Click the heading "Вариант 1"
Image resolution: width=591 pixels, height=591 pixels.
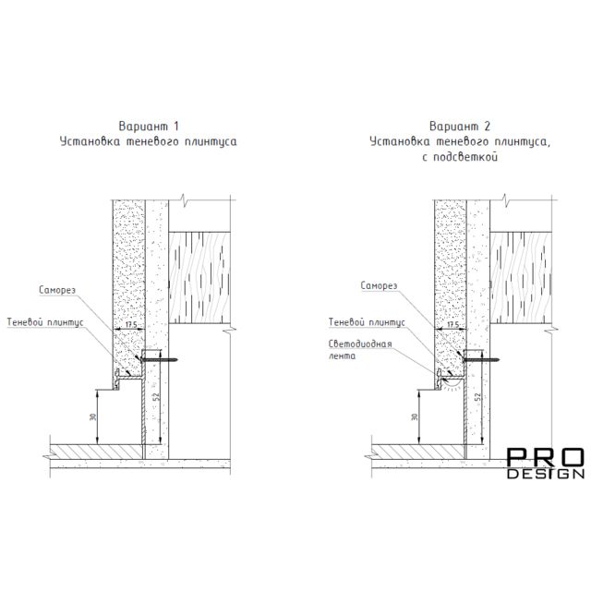coord(149,126)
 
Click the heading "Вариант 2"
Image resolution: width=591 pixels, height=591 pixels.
coord(460,126)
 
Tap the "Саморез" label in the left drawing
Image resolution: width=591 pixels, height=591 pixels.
coord(57,290)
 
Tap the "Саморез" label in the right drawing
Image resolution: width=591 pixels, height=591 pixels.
coord(379,285)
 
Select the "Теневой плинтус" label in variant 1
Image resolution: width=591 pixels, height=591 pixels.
coord(45,322)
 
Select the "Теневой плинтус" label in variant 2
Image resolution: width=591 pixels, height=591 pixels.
coord(367,322)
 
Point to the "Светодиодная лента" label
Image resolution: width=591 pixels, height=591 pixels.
coord(360,350)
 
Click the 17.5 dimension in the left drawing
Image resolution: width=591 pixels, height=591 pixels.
coord(129,324)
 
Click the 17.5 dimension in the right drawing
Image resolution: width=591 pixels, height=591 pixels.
coord(451,324)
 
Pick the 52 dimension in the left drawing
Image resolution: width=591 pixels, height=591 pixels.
coord(156,396)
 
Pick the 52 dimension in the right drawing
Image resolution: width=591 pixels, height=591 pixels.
coord(478,396)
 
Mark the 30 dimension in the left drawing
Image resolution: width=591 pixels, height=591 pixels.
coord(93,417)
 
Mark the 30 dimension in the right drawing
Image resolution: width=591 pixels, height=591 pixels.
coord(415,417)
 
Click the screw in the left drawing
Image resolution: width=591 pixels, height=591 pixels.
coord(159,360)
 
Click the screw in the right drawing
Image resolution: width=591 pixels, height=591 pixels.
coord(480,360)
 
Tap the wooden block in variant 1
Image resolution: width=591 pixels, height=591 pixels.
coord(199,277)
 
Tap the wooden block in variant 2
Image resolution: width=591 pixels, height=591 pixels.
coord(521,277)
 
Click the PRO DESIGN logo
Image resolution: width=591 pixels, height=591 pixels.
coord(546,464)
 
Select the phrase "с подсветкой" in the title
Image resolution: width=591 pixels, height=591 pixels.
coord(460,157)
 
